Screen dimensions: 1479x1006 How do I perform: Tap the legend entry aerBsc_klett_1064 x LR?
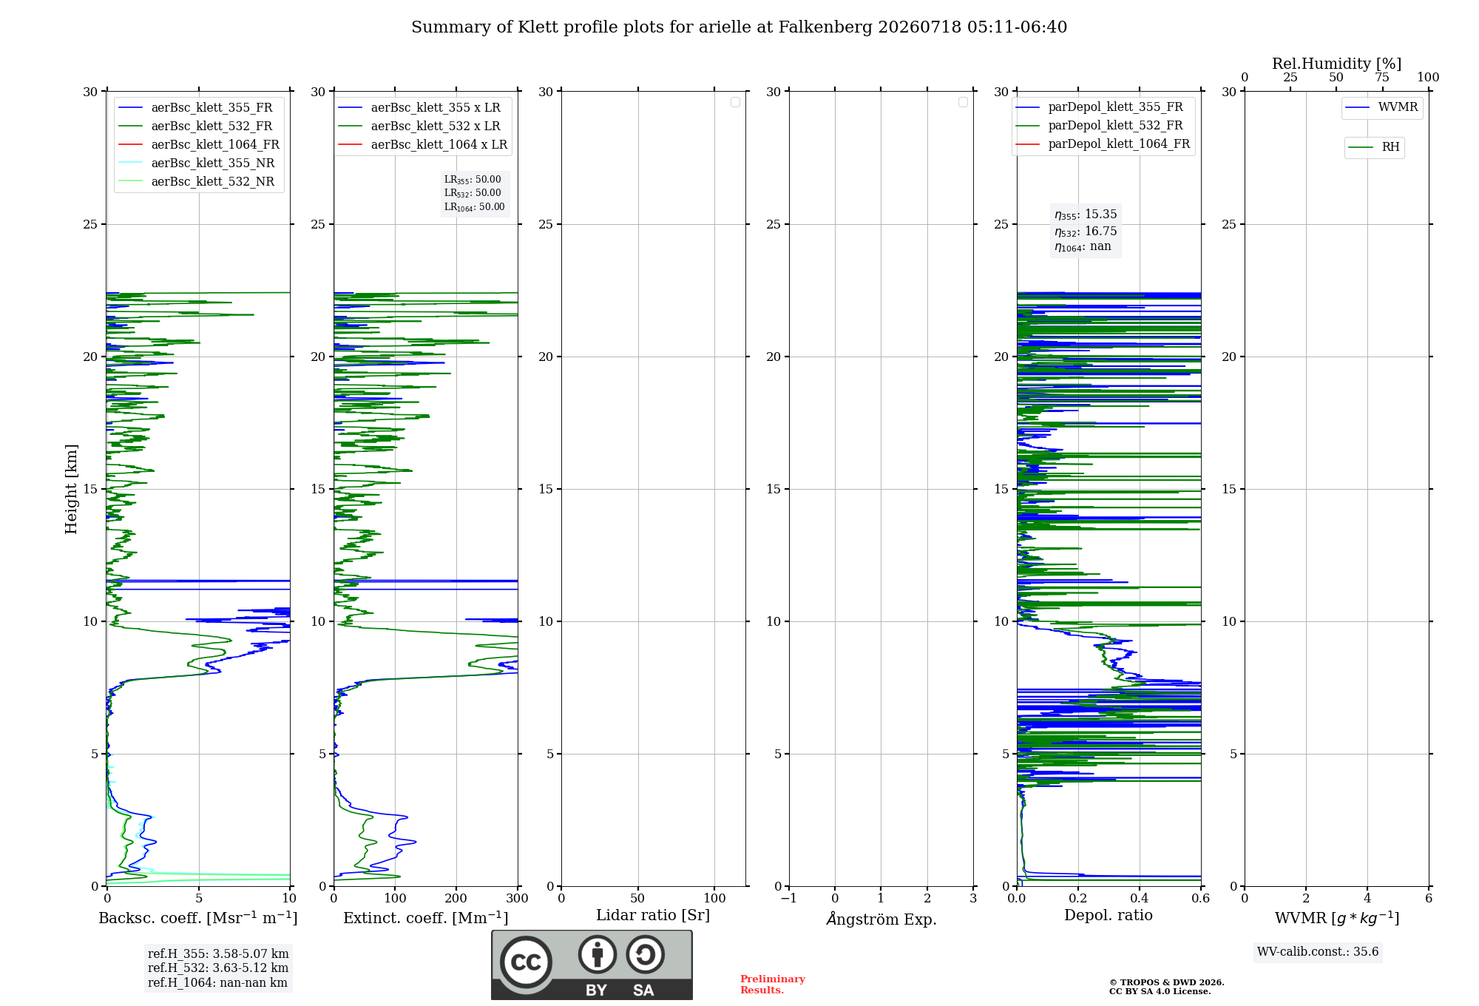pos(423,145)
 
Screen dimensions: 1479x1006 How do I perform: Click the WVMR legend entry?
pos(1381,107)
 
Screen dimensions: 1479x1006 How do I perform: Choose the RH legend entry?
pos(1374,147)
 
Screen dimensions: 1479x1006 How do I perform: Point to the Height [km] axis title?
pos(71,489)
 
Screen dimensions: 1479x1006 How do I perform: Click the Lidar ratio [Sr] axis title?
pos(653,916)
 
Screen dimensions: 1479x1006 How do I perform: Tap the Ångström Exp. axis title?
pos(881,919)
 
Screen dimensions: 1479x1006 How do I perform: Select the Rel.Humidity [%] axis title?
pos(1337,64)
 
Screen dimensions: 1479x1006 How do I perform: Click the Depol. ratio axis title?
pos(1109,916)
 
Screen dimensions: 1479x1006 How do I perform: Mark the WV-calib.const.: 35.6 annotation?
pos(1318,952)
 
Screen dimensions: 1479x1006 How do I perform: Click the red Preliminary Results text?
pos(773,985)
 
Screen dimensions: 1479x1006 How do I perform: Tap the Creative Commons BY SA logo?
pos(592,965)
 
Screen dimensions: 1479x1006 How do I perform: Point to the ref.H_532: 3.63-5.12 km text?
pos(218,968)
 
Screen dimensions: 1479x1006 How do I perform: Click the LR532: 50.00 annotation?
pos(473,193)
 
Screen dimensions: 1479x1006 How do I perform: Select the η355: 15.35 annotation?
pos(1086,215)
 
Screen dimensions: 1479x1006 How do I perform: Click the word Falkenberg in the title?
pos(826,27)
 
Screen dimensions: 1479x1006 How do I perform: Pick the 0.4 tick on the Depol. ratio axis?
pos(1140,899)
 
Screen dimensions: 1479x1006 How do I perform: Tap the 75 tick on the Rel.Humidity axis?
pos(1382,77)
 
